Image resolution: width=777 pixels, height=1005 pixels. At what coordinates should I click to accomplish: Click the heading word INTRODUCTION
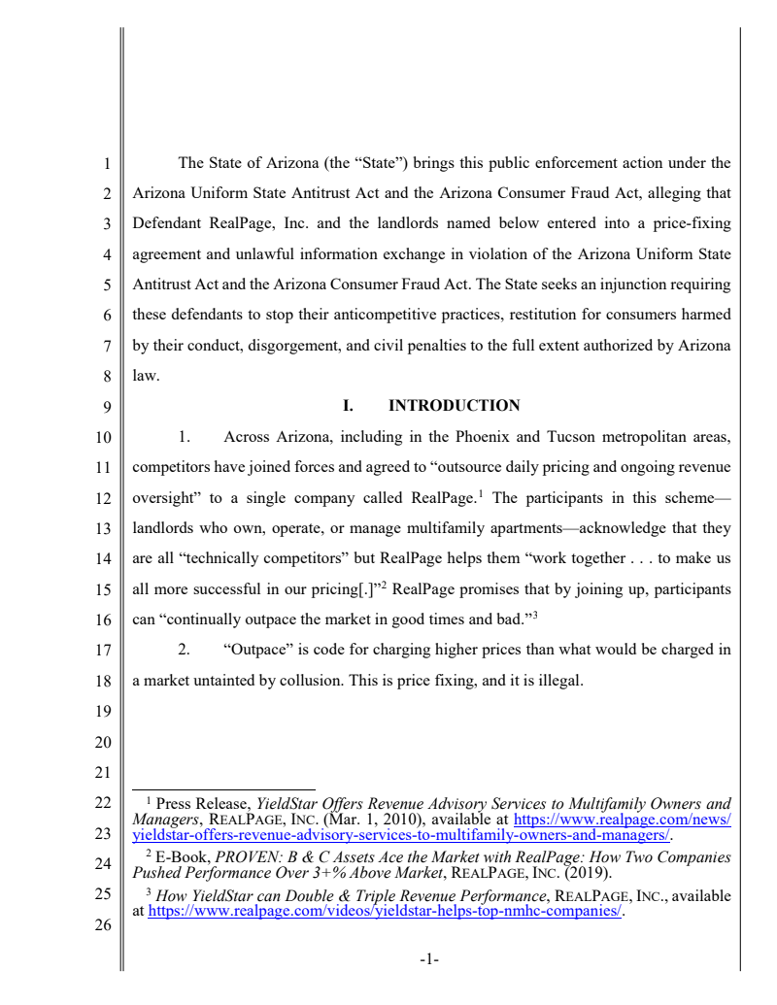pos(454,406)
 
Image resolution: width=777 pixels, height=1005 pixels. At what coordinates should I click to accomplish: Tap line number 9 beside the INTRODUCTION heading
pos(110,407)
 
